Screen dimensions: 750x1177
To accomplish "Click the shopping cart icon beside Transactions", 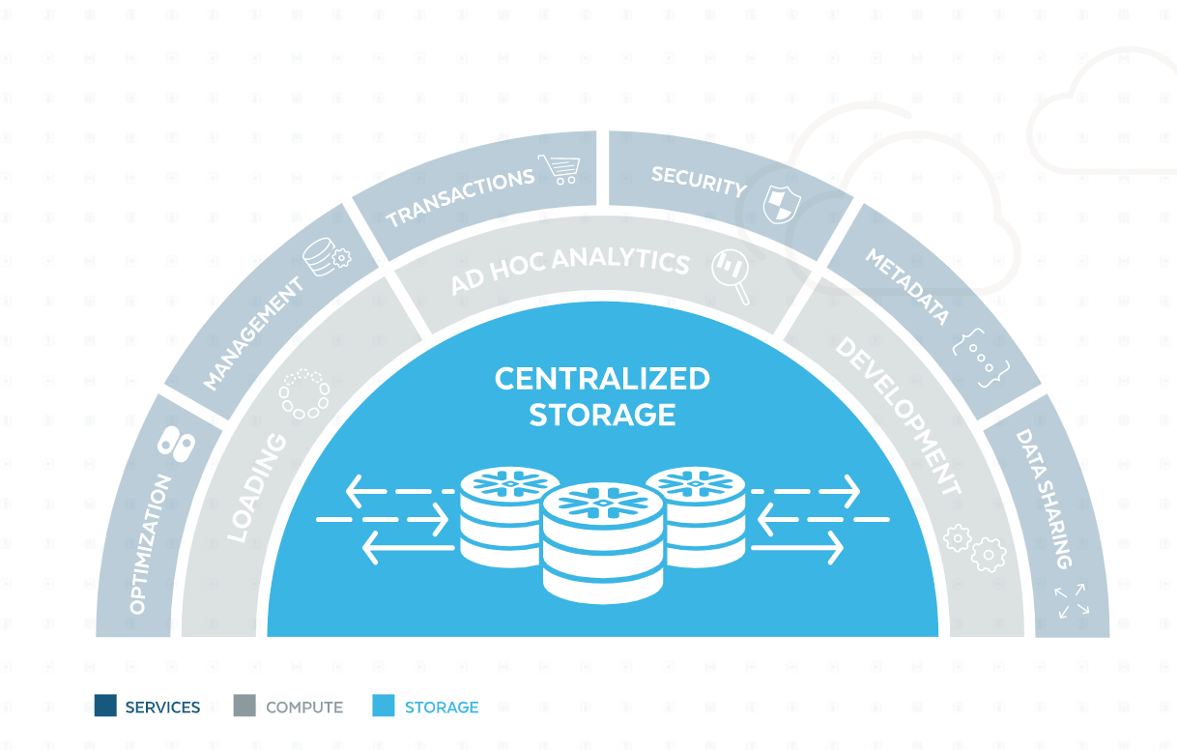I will [x=560, y=169].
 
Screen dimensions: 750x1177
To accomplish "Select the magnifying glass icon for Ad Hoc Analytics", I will [x=731, y=275].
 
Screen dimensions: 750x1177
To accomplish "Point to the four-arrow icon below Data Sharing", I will [x=1071, y=600].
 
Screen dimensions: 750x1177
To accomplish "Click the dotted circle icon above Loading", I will [x=304, y=394].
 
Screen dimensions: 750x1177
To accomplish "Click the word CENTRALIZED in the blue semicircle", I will [x=602, y=379].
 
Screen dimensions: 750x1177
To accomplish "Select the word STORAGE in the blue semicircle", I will [x=602, y=415].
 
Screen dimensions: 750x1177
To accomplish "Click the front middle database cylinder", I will [x=603, y=541].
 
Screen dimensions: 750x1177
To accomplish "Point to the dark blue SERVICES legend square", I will [x=105, y=707].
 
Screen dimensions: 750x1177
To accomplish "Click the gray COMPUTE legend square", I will [x=244, y=707].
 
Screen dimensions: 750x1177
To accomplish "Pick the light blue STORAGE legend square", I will [x=384, y=707].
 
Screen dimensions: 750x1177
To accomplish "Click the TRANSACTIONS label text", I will [x=460, y=198].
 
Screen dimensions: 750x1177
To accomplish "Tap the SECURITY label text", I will [x=699, y=181].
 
